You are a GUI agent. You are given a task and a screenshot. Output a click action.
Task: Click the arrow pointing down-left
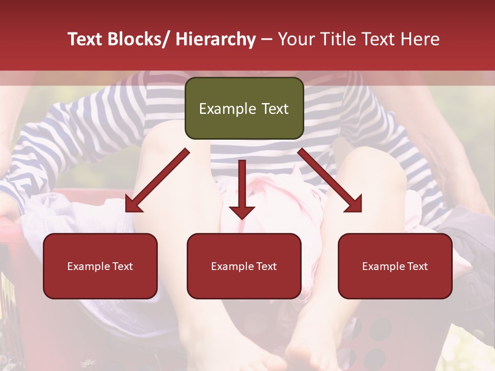(157, 180)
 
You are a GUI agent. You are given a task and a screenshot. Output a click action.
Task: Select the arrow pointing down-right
(330, 180)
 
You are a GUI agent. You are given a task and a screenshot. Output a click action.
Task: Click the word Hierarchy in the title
(216, 39)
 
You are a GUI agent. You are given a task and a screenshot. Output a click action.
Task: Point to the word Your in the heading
(296, 39)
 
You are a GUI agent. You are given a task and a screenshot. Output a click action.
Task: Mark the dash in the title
(267, 39)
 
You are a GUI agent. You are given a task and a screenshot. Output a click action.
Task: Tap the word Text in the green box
(274, 109)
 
